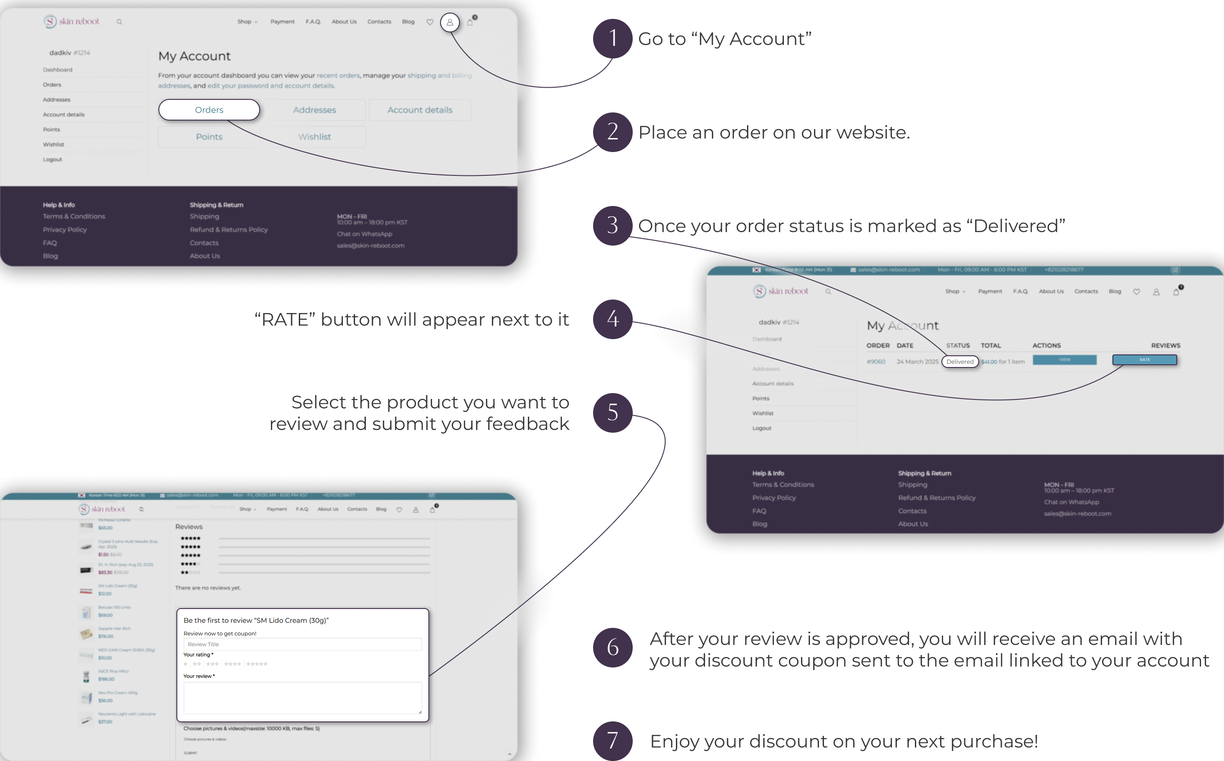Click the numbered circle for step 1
tap(612, 38)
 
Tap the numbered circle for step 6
tap(612, 647)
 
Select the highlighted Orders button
tap(209, 110)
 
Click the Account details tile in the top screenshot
tap(419, 110)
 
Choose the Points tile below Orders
tap(209, 137)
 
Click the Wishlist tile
tap(314, 137)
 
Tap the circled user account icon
tap(450, 22)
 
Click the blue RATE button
tap(1144, 360)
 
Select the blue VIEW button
tap(1064, 360)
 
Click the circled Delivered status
tap(960, 361)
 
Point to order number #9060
tap(876, 361)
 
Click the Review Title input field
tap(302, 644)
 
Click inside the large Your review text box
tap(302, 698)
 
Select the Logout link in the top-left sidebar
tap(52, 160)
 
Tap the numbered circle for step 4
tap(612, 319)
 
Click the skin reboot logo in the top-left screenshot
tap(72, 22)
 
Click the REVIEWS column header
tap(1165, 345)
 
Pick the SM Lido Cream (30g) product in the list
tap(117, 586)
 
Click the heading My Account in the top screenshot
tap(194, 56)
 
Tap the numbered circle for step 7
tap(612, 741)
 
